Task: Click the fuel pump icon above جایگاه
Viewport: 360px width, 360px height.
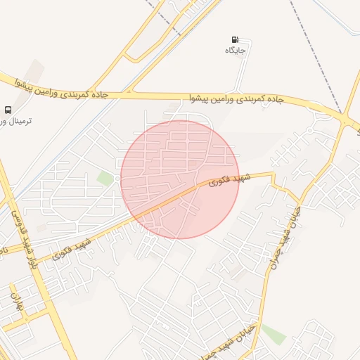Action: tap(235, 40)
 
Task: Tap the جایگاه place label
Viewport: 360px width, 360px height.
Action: tap(235, 51)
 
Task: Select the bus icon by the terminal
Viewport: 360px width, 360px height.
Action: tap(8, 110)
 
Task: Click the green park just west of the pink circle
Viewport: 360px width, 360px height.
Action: tap(106, 179)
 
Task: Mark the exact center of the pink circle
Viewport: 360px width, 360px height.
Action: tap(179, 179)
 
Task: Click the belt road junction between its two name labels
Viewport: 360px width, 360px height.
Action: tap(129, 91)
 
